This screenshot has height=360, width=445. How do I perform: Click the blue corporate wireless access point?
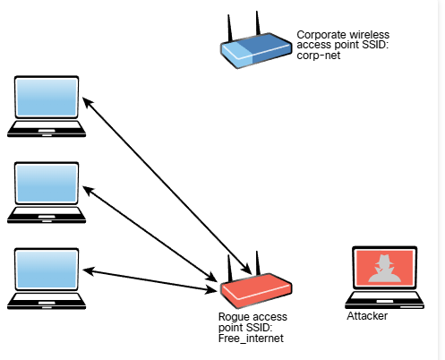[256, 50]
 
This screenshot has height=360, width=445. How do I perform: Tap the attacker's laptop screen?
[384, 268]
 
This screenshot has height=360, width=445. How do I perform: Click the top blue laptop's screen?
[47, 98]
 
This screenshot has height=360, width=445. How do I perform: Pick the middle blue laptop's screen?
[47, 184]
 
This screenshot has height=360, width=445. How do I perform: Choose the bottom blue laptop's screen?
[47, 270]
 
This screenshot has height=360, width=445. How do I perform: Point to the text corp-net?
[319, 56]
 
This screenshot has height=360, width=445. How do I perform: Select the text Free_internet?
[251, 339]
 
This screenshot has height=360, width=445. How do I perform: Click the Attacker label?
[367, 316]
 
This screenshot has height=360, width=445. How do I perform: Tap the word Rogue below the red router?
[232, 317]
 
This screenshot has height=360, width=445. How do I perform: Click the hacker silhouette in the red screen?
[384, 269]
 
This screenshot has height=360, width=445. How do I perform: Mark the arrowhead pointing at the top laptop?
[87, 102]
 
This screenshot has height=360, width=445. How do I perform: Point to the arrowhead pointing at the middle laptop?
[88, 190]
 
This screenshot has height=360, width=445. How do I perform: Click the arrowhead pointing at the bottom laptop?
[88, 270]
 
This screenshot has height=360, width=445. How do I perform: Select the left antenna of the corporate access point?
[230, 29]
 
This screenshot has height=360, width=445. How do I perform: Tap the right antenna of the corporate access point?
[258, 23]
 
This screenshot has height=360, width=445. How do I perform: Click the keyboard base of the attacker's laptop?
[384, 299]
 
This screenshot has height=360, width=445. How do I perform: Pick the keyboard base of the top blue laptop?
[47, 129]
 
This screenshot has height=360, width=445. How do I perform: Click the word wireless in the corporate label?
[370, 35]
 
